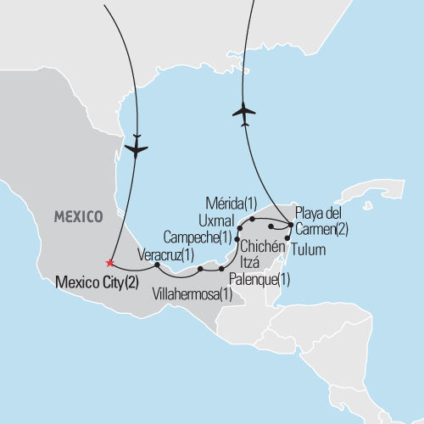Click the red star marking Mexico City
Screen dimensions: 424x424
[x=109, y=262]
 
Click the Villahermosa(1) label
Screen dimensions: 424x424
[x=192, y=294]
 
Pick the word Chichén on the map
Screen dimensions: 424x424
[x=265, y=247]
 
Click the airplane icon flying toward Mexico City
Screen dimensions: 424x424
[x=136, y=148]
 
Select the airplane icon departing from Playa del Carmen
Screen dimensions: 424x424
[x=244, y=113]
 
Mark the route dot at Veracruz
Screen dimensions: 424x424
[x=158, y=265]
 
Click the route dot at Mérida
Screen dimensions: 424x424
[x=252, y=219]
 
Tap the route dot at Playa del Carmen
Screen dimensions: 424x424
[x=291, y=225]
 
